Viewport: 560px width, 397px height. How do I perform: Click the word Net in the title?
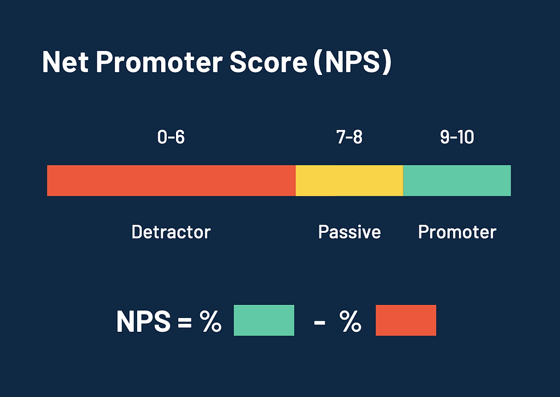click(x=65, y=62)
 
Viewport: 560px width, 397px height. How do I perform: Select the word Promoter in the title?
click(x=159, y=62)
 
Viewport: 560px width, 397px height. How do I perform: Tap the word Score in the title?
click(x=268, y=62)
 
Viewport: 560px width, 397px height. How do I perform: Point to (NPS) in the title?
click(x=353, y=62)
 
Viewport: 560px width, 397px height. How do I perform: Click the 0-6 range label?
click(x=171, y=137)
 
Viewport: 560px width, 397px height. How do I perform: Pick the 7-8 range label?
click(x=349, y=137)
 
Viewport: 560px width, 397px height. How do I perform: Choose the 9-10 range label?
click(x=457, y=137)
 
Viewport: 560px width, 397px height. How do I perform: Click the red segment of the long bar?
click(x=171, y=181)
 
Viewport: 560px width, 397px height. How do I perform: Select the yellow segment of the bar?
click(x=349, y=181)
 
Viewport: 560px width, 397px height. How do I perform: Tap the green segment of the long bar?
click(x=457, y=181)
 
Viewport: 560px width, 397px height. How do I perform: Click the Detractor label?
click(x=171, y=232)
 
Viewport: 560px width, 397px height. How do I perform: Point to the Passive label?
click(x=349, y=232)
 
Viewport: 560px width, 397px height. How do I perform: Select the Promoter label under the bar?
click(x=457, y=232)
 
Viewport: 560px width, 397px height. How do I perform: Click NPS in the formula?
click(x=143, y=321)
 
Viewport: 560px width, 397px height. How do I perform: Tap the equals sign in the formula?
click(x=185, y=321)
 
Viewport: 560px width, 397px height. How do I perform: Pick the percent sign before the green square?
click(x=210, y=321)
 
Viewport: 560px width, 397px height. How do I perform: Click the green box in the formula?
click(x=264, y=320)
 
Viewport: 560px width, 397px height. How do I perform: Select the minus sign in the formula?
click(x=319, y=323)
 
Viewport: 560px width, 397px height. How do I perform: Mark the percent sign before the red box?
click(x=350, y=321)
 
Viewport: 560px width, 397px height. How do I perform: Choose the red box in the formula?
click(x=406, y=320)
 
